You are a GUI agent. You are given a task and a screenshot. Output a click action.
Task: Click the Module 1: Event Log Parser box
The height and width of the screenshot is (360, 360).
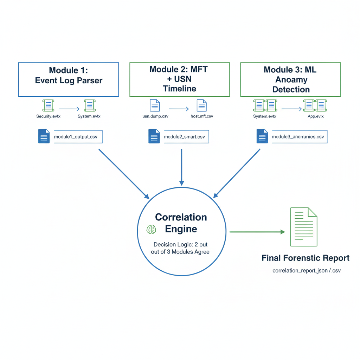point(69,79)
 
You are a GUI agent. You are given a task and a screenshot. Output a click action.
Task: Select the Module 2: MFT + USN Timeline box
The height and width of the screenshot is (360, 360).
point(180,79)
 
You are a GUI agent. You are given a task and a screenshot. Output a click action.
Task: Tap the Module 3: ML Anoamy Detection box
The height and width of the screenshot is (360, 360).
point(290,79)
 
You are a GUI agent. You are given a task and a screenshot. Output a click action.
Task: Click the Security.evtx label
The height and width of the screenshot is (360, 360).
point(49,116)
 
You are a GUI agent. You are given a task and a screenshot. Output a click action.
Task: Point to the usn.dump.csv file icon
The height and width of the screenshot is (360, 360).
point(155,105)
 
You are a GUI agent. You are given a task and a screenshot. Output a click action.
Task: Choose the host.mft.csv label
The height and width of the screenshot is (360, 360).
point(200,116)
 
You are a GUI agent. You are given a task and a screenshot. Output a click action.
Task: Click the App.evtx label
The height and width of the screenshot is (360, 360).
point(315,116)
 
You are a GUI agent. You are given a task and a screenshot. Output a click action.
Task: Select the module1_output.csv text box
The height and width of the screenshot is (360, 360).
point(77,137)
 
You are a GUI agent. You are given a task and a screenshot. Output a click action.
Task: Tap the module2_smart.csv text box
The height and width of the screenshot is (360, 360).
point(186,137)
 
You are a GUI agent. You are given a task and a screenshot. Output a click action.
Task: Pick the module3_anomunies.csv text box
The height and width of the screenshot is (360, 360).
point(299,137)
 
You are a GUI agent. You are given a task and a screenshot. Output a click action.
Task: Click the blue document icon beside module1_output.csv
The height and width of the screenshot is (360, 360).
point(44,136)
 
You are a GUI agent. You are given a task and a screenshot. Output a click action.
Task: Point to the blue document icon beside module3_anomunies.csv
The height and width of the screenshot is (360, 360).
point(262,136)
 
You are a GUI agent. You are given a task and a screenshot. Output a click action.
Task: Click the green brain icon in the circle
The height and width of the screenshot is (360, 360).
point(152,230)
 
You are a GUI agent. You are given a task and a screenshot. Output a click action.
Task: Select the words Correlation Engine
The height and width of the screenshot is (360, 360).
point(181,223)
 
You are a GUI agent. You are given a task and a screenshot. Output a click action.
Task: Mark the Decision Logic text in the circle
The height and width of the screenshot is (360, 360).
point(181,248)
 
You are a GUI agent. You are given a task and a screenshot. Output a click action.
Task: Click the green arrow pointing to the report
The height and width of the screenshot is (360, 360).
point(257,232)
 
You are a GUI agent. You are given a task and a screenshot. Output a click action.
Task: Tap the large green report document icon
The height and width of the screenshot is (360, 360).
point(303,227)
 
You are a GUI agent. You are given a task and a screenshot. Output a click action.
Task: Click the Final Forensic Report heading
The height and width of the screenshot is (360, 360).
point(306,258)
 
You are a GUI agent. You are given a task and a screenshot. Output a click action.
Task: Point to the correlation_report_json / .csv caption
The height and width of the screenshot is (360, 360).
point(306,271)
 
